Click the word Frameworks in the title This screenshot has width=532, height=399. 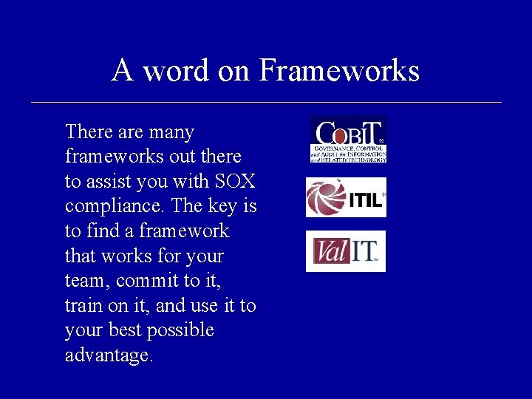click(339, 72)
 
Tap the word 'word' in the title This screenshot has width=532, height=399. click(177, 72)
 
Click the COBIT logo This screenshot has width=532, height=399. click(347, 139)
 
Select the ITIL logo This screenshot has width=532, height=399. click(346, 197)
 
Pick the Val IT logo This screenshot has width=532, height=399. click(346, 251)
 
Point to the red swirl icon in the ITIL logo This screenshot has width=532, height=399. click(325, 197)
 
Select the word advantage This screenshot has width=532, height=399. click(108, 355)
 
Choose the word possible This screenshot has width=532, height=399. click(180, 330)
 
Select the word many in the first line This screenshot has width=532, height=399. click(171, 132)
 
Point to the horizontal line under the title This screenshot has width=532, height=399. click(266, 102)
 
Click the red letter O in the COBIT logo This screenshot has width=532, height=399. click(338, 136)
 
